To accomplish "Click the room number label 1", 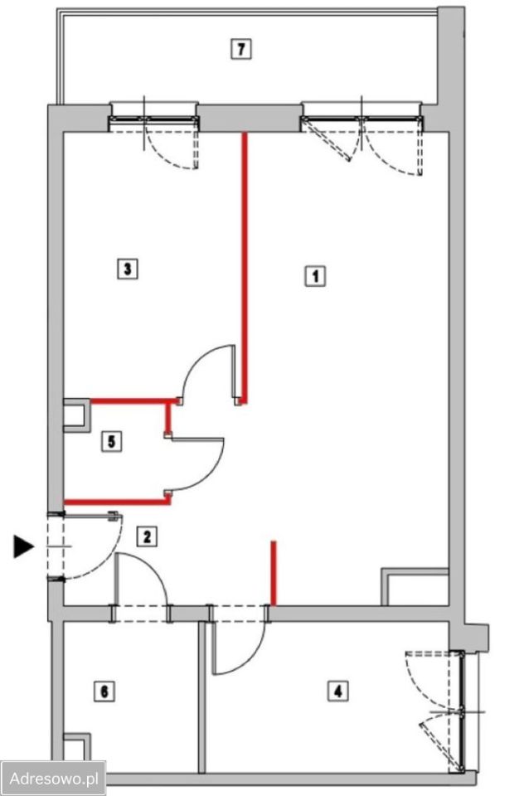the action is pos(315,277).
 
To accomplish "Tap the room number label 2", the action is pos(147,536).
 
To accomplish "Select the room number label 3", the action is pos(128,269).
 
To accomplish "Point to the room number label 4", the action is pos(338,691).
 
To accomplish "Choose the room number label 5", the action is pos(112,440).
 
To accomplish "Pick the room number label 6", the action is pos(104,691).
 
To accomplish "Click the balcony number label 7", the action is pos(240,49).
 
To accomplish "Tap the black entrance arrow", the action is pos(23,546).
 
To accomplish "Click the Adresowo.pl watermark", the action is pos(53,778).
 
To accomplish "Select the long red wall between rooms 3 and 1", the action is pos(245,268).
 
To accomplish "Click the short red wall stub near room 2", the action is pos(274,573).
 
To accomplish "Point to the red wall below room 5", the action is pos(117,502).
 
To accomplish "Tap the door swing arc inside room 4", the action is pos(250,660).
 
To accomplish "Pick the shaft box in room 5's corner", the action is pos(76,415).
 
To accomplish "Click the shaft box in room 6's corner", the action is pos(76,746).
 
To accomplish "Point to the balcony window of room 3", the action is pos(154,119).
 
